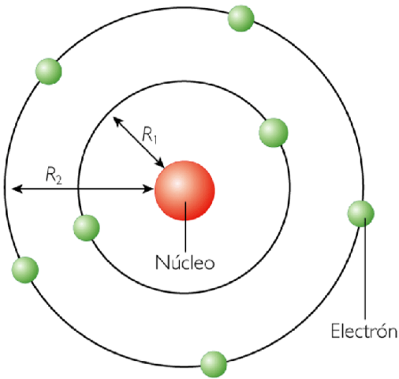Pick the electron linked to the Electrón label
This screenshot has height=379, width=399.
[x=360, y=213]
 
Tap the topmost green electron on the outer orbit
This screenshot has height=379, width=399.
[x=241, y=19]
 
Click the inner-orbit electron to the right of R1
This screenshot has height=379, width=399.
[x=273, y=131]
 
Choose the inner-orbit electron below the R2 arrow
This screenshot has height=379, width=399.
[x=86, y=228]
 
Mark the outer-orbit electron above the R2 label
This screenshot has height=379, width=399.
[x=48, y=72]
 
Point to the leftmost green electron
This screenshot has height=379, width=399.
[x=24, y=270]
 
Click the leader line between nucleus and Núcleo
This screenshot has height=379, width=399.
[x=185, y=233]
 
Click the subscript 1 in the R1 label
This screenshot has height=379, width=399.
[x=155, y=140]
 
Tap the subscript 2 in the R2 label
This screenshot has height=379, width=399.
[x=60, y=178]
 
